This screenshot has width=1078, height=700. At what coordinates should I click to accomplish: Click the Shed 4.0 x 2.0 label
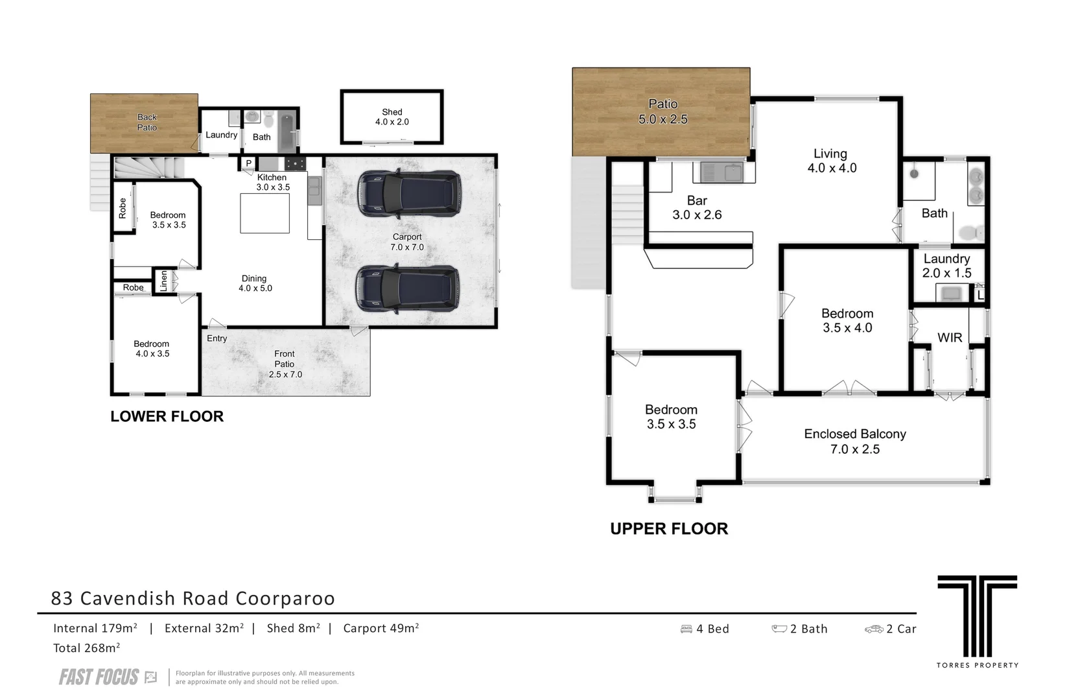[x=392, y=117]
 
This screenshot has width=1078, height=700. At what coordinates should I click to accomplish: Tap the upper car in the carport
[x=409, y=193]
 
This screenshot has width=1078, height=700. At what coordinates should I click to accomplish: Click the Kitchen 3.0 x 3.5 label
[x=272, y=182]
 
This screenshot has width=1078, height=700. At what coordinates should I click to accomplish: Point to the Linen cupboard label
[x=163, y=281]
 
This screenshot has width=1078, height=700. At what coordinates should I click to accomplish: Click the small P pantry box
[x=248, y=163]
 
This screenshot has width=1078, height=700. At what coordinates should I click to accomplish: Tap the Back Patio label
[x=146, y=122]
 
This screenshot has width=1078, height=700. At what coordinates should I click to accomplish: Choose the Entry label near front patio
[x=217, y=338]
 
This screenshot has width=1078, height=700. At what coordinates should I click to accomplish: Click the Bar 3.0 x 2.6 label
[x=697, y=207]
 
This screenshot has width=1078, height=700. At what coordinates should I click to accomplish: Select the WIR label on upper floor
[x=950, y=338]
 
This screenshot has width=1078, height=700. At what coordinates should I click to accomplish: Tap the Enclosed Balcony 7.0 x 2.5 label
[x=855, y=441]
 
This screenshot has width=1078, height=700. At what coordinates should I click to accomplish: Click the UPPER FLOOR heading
[x=669, y=529]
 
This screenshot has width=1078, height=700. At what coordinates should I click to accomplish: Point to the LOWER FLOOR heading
[x=167, y=416]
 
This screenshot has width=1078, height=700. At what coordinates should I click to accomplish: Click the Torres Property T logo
[x=978, y=616]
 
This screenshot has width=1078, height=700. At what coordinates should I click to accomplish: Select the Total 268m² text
[x=87, y=648]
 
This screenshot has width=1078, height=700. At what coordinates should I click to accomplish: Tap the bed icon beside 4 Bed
[x=686, y=629]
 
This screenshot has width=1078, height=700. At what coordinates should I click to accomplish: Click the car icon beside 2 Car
[x=874, y=629]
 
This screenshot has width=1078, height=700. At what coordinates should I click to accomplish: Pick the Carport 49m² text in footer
[x=381, y=628]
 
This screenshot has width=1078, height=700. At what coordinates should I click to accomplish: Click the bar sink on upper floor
[x=724, y=172]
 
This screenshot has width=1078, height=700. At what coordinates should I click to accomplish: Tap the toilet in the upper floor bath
[x=971, y=233]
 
